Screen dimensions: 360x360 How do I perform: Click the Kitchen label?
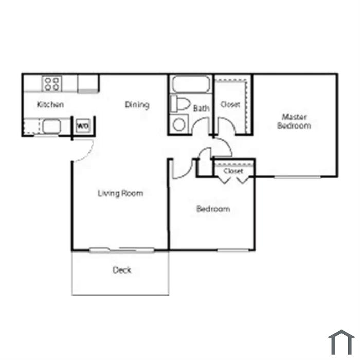[50, 104]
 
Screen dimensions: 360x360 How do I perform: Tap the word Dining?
[137, 105]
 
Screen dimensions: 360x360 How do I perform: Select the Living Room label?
[120, 193]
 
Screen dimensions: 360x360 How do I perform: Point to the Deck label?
[122, 270]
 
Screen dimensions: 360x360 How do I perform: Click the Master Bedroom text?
[294, 121]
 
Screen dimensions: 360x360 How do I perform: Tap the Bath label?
[201, 108]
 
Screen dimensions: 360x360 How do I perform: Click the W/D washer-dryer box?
[83, 125]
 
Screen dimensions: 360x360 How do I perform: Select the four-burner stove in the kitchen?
[52, 83]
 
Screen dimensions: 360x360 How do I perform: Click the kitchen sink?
[51, 127]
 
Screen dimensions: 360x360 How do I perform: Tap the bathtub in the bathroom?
[191, 84]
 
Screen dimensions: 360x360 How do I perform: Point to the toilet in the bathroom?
[180, 103]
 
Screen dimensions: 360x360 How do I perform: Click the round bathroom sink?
[179, 124]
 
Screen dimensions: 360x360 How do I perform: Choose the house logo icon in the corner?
[341, 343]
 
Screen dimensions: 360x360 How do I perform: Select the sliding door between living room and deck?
[122, 249]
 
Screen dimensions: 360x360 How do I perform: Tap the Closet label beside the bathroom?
[230, 105]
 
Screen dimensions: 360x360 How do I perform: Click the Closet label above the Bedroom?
[233, 171]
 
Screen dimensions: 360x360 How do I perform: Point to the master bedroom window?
[297, 177]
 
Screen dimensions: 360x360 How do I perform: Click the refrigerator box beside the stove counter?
[88, 83]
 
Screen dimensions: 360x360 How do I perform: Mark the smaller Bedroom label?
[213, 209]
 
